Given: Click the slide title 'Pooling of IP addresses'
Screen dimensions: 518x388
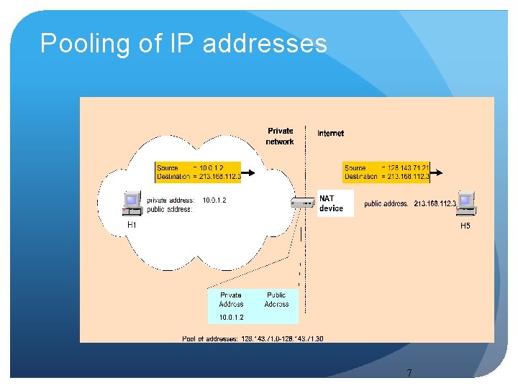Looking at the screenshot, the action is pos(183,44).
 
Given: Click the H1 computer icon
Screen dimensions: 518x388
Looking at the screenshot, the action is pos(132,203).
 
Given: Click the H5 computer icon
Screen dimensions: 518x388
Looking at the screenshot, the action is pos(466,203).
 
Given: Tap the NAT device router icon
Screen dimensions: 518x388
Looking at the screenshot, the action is pos(303,203).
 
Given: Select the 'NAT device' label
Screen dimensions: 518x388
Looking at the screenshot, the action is pos(331,203).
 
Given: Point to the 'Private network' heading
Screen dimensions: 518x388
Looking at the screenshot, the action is pos(280,136).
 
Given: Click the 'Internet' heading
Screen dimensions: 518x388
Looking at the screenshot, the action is pos(330,133).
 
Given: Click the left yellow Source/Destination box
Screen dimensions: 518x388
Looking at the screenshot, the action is pos(197,172).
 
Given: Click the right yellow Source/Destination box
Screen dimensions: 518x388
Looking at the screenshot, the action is pos(386,172).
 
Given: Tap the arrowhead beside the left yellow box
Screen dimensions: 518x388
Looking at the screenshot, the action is pos(250,172).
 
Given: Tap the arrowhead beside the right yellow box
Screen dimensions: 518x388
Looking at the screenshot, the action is pos(439,172).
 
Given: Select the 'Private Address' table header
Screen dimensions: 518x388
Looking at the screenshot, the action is pos(231,300).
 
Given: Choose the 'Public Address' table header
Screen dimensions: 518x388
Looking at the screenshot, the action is pos(276,300).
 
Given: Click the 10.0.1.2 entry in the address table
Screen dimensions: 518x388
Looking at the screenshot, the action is pos(231,317).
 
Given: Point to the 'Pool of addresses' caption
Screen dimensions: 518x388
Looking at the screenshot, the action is pos(253,338).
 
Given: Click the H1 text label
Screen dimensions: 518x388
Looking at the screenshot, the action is pos(132,225).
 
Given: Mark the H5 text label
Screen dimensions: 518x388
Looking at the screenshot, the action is pos(465,226).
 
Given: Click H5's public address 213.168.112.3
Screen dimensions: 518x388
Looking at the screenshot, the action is pos(430,204).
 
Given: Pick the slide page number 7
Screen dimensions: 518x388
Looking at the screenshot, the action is pos(409,373).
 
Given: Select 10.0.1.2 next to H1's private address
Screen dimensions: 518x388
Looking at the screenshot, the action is pos(214,200).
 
